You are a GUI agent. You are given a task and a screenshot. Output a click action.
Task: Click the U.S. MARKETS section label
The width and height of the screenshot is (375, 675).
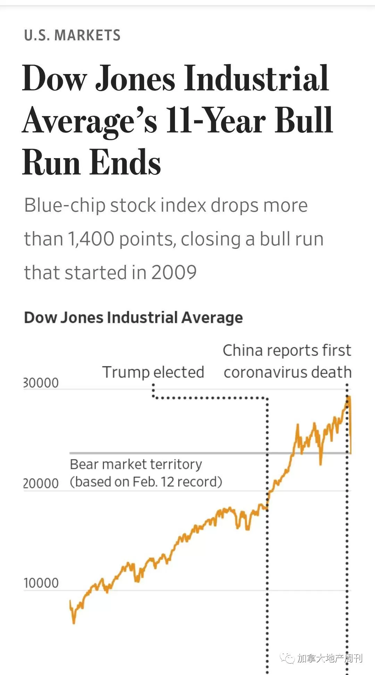tap(72, 35)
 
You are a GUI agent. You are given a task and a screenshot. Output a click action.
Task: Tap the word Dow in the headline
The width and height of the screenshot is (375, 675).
tap(54, 78)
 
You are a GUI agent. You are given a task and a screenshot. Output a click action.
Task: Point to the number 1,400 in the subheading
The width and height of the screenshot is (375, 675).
tap(91, 239)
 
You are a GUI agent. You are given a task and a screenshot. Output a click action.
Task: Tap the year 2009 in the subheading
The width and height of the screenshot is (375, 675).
tap(174, 272)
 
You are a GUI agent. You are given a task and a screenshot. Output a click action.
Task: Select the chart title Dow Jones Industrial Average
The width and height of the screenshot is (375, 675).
tap(133, 318)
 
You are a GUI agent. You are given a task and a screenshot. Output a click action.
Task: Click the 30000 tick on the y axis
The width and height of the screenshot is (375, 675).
tap(41, 383)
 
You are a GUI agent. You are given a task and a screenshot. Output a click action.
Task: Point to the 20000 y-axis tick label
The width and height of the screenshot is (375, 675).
tap(41, 483)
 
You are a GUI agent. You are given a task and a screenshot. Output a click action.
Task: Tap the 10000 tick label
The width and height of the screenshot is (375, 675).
tap(41, 583)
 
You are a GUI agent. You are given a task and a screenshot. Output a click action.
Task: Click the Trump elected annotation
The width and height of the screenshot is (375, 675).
tap(153, 372)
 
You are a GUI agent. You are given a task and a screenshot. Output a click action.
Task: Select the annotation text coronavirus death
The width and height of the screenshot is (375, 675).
tap(287, 372)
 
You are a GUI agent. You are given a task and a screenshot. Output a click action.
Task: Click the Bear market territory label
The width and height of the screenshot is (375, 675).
tap(136, 464)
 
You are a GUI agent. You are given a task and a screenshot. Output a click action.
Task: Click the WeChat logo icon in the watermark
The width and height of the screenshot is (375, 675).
tap(287, 658)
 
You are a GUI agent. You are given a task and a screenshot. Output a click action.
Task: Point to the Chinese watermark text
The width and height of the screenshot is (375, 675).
tap(330, 658)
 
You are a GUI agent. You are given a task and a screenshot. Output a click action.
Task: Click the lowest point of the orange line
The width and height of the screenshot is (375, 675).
tap(74, 623)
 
